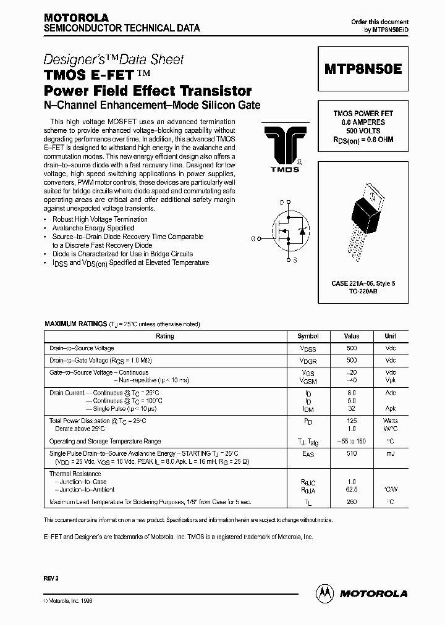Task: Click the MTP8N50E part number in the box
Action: pos(363,69)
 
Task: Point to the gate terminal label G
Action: pos(253,238)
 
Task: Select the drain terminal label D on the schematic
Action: pos(281,203)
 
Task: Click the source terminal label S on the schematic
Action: pos(295,260)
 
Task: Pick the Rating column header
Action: pos(165,336)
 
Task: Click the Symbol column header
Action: pos(308,336)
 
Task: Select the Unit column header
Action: pos(390,336)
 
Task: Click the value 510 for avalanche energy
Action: pos(351,453)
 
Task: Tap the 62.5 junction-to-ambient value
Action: pos(351,489)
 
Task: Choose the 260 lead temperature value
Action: pos(351,502)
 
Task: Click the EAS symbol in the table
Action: pos(308,453)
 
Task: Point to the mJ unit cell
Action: pos(390,453)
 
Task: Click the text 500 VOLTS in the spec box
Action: pos(363,131)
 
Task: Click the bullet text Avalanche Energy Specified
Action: pos(93,228)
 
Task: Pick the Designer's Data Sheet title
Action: pos(114,60)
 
